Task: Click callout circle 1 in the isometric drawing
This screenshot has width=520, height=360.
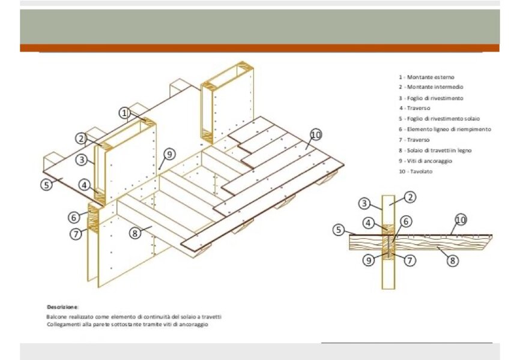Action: coord(124,113)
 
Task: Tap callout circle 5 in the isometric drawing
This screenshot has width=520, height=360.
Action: coord(46,185)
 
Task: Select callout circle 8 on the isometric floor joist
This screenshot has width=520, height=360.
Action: coord(135,233)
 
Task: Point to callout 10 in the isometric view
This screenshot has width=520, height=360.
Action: coord(316,135)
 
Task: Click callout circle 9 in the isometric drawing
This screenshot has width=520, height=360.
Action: coord(169,154)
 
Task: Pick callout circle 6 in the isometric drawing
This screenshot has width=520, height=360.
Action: coord(74,217)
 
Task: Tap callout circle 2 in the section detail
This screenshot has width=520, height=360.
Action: coord(410,197)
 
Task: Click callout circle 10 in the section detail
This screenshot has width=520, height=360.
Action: coord(461,220)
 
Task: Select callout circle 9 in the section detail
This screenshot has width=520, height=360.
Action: coord(369,260)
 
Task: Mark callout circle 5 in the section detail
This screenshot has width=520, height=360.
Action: coord(338,230)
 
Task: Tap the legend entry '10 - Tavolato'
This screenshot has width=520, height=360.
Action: coord(416,172)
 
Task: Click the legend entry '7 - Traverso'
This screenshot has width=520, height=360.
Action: coord(414,140)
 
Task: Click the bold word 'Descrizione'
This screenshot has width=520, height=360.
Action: coord(62,307)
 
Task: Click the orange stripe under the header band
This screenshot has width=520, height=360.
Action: coord(259,48)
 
